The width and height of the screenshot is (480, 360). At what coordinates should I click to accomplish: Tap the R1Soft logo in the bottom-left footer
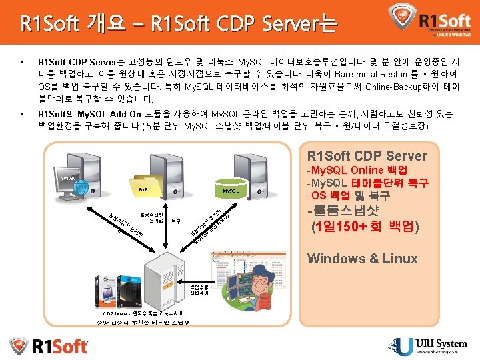[49, 345]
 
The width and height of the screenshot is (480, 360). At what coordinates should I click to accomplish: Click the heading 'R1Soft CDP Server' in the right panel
[367, 156]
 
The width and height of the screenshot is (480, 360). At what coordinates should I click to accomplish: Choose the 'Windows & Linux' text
[362, 259]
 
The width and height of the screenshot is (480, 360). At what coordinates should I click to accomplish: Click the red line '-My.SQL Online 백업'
[360, 171]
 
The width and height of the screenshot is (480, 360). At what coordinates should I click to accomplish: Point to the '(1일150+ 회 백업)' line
[364, 226]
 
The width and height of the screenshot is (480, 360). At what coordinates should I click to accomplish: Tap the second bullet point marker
[22, 114]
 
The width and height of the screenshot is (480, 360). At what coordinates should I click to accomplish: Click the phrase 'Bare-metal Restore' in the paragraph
[371, 75]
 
